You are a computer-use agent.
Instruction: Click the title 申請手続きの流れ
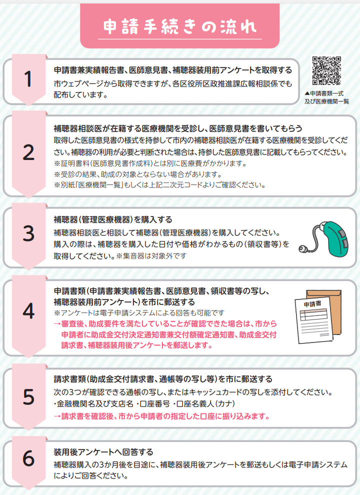click(179, 26)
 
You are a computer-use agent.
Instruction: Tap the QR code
click(326, 70)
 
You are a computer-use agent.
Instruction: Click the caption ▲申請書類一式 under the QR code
click(324, 93)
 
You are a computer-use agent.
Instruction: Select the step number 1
click(28, 78)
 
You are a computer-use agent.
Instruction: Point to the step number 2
click(28, 153)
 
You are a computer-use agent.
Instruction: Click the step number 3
click(28, 233)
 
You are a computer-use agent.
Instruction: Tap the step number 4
click(28, 311)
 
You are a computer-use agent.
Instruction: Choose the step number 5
click(28, 397)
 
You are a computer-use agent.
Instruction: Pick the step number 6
click(28, 458)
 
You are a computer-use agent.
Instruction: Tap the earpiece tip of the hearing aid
click(302, 249)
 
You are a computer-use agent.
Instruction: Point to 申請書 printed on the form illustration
click(312, 304)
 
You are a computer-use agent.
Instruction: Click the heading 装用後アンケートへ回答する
click(103, 452)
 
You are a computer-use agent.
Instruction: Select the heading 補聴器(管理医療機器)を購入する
click(112, 219)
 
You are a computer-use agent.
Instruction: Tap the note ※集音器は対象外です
click(151, 255)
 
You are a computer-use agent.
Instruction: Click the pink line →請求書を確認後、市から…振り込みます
click(161, 416)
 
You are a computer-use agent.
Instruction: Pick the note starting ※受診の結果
click(137, 174)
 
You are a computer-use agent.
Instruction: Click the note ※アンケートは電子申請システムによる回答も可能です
click(139, 313)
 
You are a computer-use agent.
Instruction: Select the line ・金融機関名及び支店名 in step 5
click(93, 404)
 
